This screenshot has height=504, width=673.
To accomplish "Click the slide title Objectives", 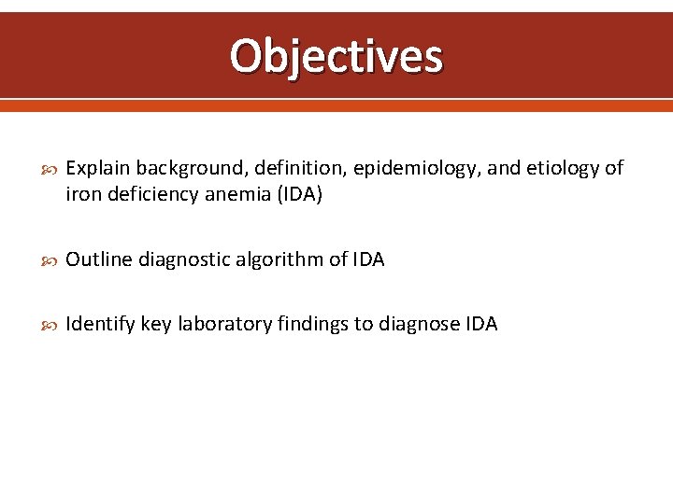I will (x=336, y=56).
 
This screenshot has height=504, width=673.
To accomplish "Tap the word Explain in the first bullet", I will (x=97, y=168).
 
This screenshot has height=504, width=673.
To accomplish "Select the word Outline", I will (x=98, y=259).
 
